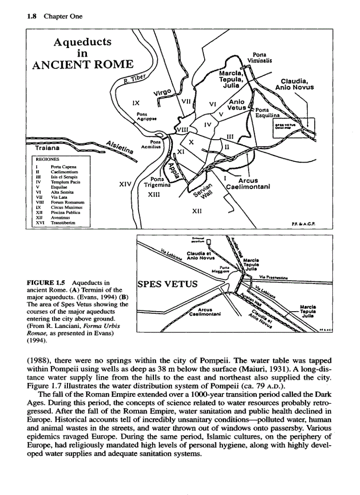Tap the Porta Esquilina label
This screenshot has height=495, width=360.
click(268, 113)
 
